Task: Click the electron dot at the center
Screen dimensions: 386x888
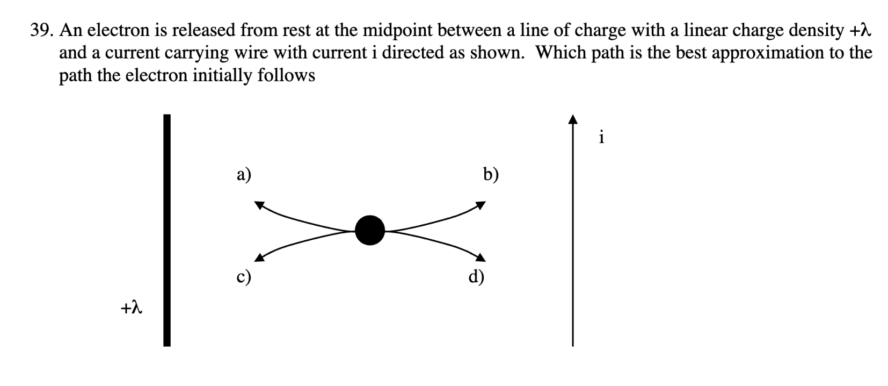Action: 370,230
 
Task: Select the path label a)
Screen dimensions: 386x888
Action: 244,175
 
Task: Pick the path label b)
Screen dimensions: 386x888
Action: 491,175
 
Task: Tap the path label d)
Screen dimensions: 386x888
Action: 476,277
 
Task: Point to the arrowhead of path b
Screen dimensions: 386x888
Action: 481,205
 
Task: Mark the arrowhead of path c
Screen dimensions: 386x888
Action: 259,258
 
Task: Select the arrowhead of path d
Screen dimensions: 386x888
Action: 481,258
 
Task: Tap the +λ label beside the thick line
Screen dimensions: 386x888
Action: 131,308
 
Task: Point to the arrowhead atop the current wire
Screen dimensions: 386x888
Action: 573,119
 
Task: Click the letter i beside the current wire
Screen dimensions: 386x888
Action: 602,138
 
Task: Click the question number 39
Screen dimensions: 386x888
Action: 40,31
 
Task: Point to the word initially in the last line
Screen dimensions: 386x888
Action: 224,75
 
